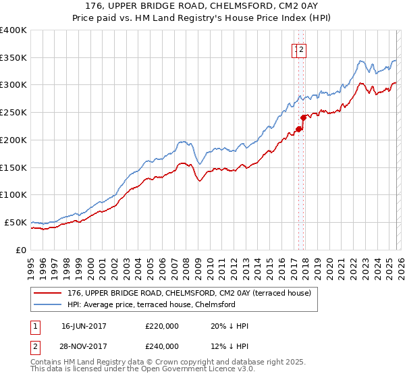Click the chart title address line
[x=202, y=5]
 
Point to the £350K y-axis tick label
[x=13, y=58]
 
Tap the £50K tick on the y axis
[x=16, y=222]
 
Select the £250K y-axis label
[x=13, y=113]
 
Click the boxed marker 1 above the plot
[x=296, y=49]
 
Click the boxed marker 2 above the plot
[x=302, y=49]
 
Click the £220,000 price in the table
[x=162, y=326]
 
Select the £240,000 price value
[x=162, y=346]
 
